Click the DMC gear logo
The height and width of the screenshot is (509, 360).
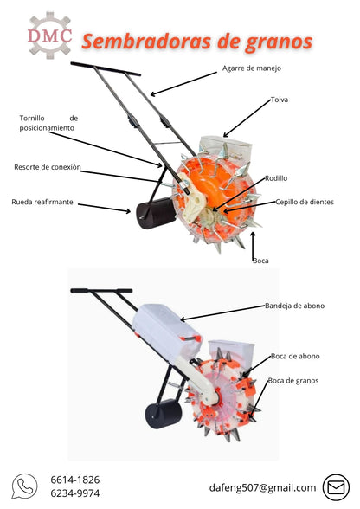click(49, 35)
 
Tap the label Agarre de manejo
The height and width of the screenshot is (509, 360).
click(252, 68)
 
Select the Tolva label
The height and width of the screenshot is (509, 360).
click(280, 100)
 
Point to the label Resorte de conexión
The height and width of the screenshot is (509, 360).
click(48, 167)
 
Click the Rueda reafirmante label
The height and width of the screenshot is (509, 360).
click(42, 202)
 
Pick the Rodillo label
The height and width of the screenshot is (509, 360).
click(276, 178)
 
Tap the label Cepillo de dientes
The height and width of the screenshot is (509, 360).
click(305, 202)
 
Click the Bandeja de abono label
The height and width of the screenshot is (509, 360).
click(294, 306)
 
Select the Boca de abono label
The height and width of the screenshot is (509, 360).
click(295, 356)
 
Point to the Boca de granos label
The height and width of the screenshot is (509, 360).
click(293, 381)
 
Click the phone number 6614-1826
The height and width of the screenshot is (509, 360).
click(75, 480)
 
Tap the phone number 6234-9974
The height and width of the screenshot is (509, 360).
click(75, 493)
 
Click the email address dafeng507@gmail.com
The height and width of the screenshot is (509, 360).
click(262, 487)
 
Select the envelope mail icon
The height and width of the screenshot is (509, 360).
click(336, 487)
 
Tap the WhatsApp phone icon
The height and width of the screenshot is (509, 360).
click(24, 486)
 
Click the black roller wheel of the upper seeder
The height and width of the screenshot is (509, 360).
click(155, 213)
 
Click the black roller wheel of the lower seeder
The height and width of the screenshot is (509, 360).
click(164, 414)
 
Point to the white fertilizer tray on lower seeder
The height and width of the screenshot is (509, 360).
click(167, 331)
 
